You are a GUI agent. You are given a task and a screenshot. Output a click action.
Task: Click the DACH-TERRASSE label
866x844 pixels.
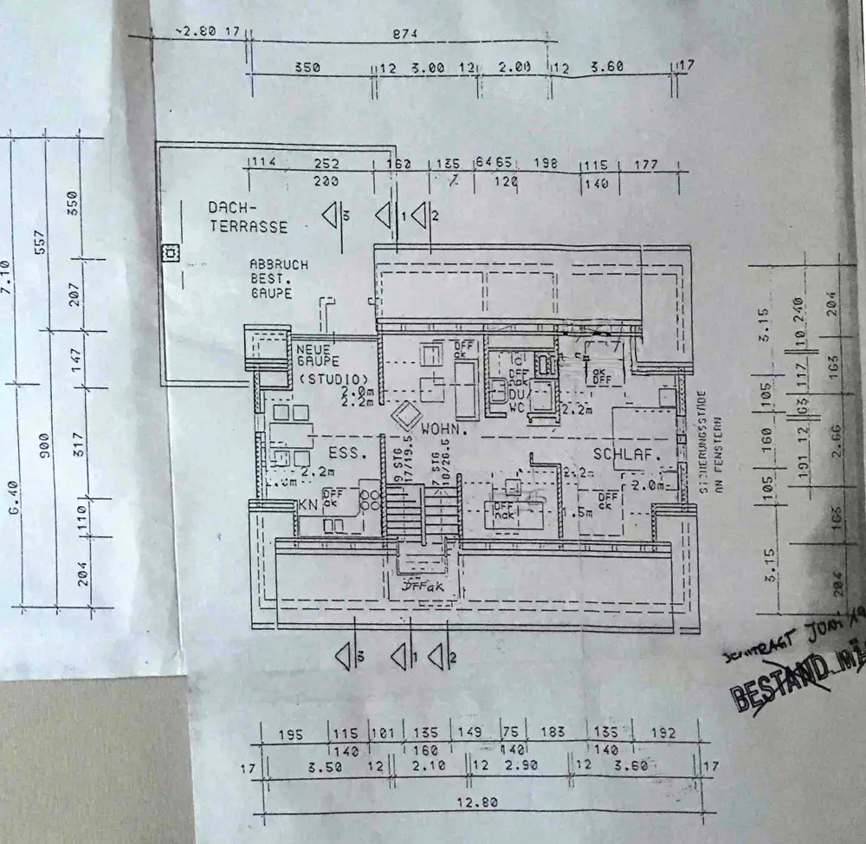click(x=248, y=217)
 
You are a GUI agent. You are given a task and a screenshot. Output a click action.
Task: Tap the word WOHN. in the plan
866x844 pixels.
click(x=445, y=429)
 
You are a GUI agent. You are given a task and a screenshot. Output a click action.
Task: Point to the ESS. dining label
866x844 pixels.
click(x=342, y=452)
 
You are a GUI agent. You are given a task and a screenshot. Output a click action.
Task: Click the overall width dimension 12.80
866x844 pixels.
click(x=477, y=802)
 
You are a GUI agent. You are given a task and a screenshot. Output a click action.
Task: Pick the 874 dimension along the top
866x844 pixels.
click(x=404, y=34)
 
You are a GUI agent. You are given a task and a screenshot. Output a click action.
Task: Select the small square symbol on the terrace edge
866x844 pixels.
click(x=171, y=252)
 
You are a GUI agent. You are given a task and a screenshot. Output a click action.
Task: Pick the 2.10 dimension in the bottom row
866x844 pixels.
click(x=423, y=766)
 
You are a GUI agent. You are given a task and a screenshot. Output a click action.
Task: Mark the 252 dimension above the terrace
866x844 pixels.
click(x=326, y=164)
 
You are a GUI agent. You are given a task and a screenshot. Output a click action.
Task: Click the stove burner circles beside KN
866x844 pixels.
click(x=369, y=498)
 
